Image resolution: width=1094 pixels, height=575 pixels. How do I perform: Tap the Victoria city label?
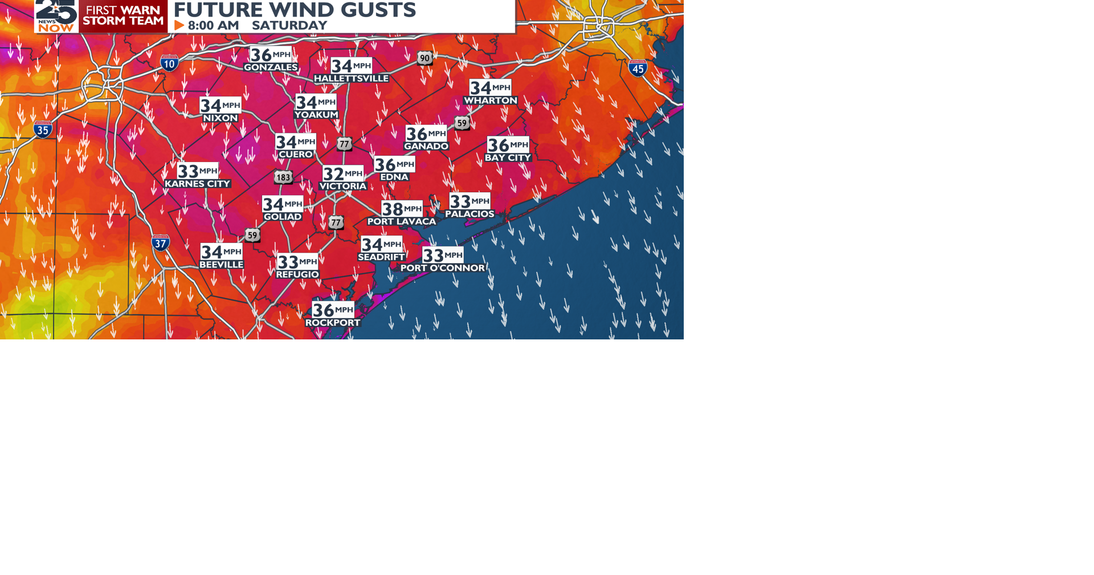pyautogui.click(x=343, y=187)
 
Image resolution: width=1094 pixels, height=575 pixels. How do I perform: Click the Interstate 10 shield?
pyautogui.click(x=169, y=63)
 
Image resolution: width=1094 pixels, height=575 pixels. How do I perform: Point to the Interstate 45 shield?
pyautogui.click(x=638, y=68)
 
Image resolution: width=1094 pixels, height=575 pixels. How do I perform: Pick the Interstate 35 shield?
pyautogui.click(x=43, y=129)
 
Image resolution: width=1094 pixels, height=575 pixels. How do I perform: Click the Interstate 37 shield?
pyautogui.click(x=161, y=243)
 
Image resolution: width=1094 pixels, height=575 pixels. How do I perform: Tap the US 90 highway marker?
pyautogui.click(x=424, y=58)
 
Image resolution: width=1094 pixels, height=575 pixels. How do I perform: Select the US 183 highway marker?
pyautogui.click(x=283, y=177)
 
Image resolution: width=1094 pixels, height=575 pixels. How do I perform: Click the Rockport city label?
pyautogui.click(x=333, y=323)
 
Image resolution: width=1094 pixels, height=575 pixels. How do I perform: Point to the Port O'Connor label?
pyautogui.click(x=443, y=268)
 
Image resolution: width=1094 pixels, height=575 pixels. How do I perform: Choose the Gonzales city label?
pyautogui.click(x=271, y=67)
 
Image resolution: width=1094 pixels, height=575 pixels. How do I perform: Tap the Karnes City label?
pyautogui.click(x=197, y=184)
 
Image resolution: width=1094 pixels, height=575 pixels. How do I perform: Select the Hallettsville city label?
pyautogui.click(x=351, y=79)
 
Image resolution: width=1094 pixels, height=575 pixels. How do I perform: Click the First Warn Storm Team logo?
pyautogui.click(x=123, y=15)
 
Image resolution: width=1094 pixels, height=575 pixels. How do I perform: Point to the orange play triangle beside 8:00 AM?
pyautogui.click(x=179, y=26)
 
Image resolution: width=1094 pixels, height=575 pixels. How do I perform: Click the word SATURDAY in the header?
pyautogui.click(x=289, y=26)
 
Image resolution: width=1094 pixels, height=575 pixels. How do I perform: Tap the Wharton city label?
pyautogui.click(x=491, y=100)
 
